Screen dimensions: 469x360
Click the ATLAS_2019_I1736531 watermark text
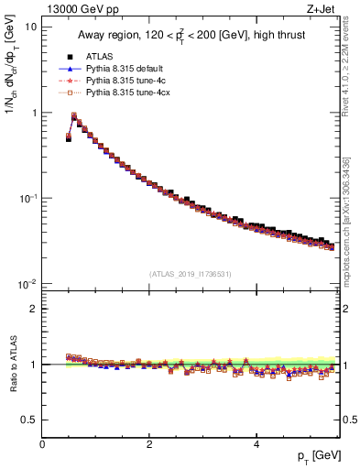(x=191, y=274)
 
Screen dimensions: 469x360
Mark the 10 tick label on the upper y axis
(x=30, y=27)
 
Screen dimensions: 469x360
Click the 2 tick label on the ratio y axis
(x=33, y=309)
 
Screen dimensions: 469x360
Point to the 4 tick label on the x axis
(x=256, y=444)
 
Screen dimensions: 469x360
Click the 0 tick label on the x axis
(x=42, y=444)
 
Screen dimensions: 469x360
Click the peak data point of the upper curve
(x=74, y=116)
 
